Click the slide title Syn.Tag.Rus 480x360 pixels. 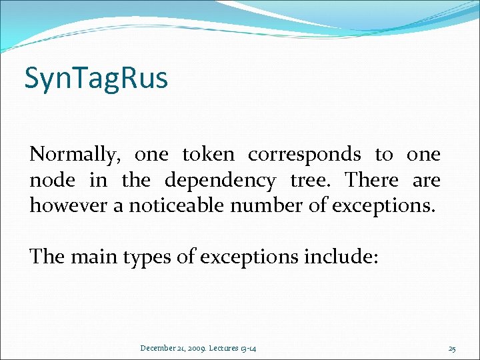tap(96, 78)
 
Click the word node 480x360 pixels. tap(51, 181)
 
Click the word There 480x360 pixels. tap(371, 181)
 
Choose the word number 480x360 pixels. tap(260, 205)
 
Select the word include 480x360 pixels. tap(340, 256)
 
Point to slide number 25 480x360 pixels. tap(452, 348)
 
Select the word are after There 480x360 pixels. tap(426, 181)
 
